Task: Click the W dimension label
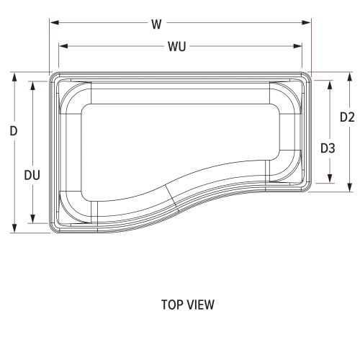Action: point(156,24)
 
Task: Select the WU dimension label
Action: point(178,47)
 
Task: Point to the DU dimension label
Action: point(32,174)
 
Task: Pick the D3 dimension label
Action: point(328,148)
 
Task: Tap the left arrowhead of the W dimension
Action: point(53,23)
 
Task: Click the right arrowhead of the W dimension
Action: point(308,23)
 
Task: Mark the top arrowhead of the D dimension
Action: point(13,76)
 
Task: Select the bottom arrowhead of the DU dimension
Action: point(32,220)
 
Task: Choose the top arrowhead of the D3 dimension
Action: point(329,84)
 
